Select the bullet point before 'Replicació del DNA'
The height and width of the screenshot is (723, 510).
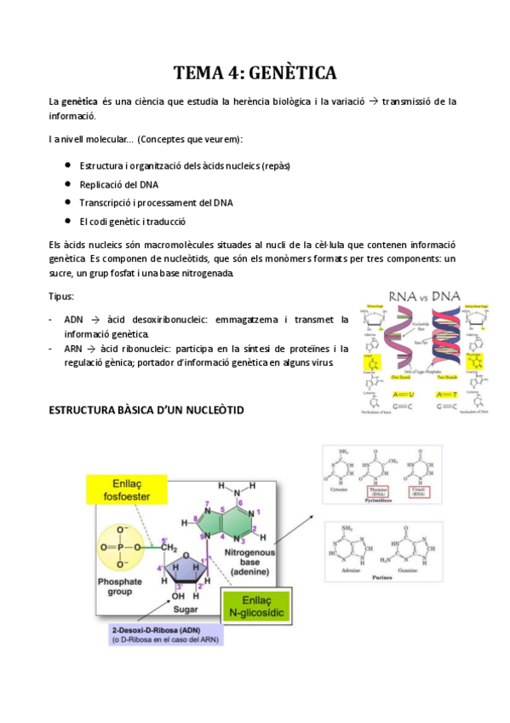pos(66,183)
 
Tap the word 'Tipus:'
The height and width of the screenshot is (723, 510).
pos(61,296)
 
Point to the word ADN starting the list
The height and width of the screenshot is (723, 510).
pos(74,319)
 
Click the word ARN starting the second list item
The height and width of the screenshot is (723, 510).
pos(74,349)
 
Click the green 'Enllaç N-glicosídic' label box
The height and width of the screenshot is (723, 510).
pos(257,605)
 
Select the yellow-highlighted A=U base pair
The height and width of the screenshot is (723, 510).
pos(378,394)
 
